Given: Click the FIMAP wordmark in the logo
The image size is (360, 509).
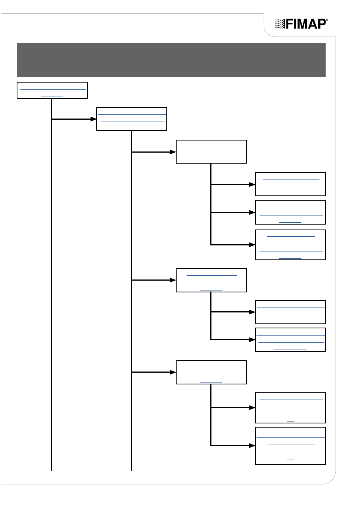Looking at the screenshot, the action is (x=306, y=24).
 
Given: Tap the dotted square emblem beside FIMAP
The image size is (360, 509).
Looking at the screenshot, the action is (x=280, y=24).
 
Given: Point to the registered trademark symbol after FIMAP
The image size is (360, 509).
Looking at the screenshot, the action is (x=327, y=20).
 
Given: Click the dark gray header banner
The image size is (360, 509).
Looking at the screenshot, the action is (x=171, y=60).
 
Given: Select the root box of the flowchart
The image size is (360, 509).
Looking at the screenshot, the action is (x=52, y=90).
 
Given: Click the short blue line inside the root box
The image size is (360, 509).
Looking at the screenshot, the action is (x=52, y=97).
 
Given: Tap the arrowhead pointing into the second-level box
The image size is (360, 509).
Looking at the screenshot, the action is (x=94, y=119).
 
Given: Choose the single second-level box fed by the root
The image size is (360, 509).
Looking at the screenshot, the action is (x=131, y=119).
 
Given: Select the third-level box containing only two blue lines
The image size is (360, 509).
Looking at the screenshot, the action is (x=211, y=151).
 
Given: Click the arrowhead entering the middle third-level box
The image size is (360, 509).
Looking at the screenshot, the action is (x=173, y=280).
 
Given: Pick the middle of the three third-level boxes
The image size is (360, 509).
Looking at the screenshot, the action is (x=211, y=280).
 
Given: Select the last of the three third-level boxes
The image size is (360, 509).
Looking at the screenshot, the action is (x=211, y=372).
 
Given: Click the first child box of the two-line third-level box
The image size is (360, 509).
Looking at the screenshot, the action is (x=290, y=184).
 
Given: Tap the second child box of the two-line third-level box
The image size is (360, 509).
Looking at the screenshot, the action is (x=290, y=212).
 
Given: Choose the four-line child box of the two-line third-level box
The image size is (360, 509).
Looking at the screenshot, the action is (x=290, y=245).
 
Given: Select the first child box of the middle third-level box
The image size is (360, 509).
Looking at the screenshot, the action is (x=290, y=312).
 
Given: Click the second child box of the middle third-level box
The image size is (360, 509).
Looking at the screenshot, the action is (x=290, y=340).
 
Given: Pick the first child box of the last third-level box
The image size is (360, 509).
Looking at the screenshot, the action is (x=290, y=408).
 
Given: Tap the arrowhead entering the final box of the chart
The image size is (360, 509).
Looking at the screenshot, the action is (x=252, y=446).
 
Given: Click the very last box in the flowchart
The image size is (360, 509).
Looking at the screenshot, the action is (x=290, y=446).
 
